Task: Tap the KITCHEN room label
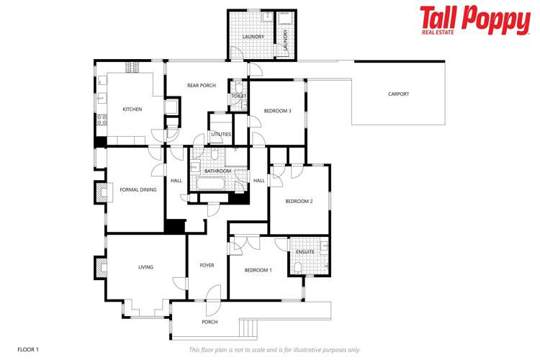[x=132, y=109]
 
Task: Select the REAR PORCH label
[x=201, y=86]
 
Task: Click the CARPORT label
[x=398, y=94]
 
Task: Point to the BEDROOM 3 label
[x=277, y=111]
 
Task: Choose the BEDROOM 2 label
[x=299, y=202]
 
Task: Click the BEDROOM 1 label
[x=258, y=270]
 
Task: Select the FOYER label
[x=207, y=266]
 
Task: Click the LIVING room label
[x=146, y=267]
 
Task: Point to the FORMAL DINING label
[x=138, y=190]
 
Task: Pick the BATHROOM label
[x=217, y=171]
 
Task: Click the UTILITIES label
[x=221, y=134]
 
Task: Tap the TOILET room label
[x=239, y=96]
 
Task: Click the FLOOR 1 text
[x=28, y=349]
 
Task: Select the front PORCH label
[x=210, y=322]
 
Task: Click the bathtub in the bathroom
[x=214, y=184]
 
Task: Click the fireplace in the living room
[x=99, y=267]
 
